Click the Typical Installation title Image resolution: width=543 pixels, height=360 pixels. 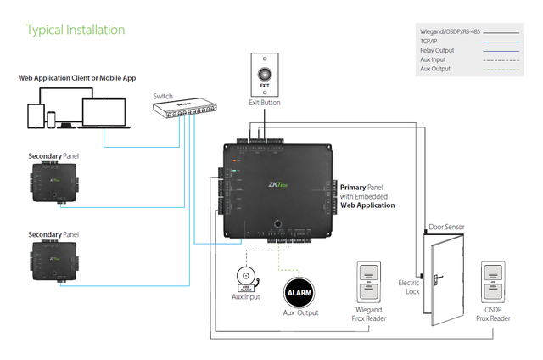76,30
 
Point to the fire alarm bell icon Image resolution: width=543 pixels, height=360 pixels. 246,278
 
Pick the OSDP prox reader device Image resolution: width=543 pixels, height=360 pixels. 494,283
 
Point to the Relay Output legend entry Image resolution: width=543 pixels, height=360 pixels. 438,50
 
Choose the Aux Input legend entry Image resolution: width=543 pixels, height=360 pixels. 434,59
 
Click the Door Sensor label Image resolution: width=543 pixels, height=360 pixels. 445,227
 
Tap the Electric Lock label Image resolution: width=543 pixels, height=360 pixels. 409,287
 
